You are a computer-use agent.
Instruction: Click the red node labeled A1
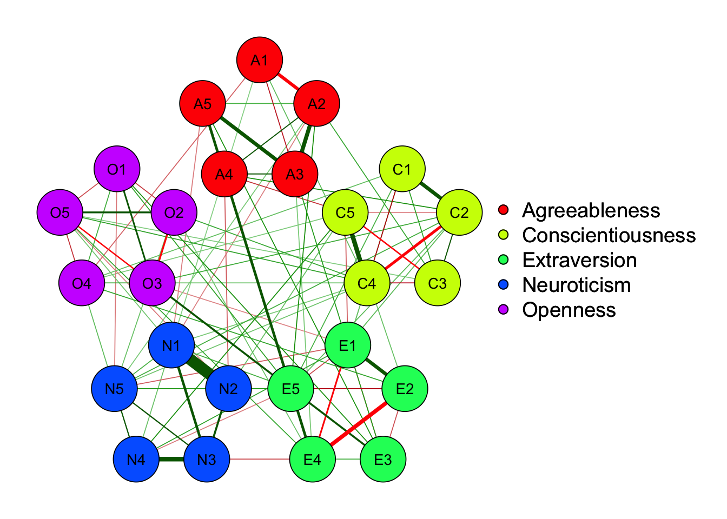[x=260, y=60]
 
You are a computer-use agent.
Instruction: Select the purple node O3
[x=152, y=283]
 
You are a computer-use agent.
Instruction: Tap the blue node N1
[x=171, y=345]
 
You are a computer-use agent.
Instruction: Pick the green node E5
[x=290, y=389]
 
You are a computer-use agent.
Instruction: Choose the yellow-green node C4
[x=367, y=283]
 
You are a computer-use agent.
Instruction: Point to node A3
[x=295, y=174]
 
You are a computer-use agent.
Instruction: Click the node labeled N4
[x=136, y=460]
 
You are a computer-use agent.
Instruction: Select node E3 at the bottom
[x=383, y=460]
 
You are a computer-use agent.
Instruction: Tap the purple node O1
[x=117, y=169]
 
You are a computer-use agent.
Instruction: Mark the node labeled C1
[x=402, y=169]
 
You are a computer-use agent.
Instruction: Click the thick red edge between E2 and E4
[x=359, y=424]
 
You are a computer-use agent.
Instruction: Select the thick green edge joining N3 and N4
[x=171, y=460]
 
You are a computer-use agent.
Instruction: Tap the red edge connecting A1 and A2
[x=288, y=82]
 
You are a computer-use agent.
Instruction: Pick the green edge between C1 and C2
[x=431, y=191]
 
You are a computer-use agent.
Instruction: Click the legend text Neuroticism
[x=577, y=285]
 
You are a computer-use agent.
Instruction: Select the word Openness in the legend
[x=569, y=310]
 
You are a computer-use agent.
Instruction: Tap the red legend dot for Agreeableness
[x=504, y=210]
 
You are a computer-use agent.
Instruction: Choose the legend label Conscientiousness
[x=609, y=235]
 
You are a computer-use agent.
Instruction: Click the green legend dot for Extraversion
[x=504, y=260]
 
